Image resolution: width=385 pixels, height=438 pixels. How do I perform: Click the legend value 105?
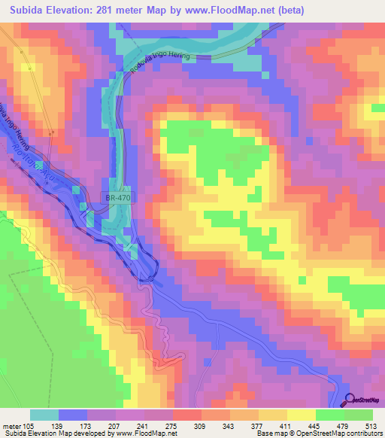point(30,425)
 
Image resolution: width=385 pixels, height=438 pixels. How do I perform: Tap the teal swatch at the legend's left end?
point(44,415)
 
